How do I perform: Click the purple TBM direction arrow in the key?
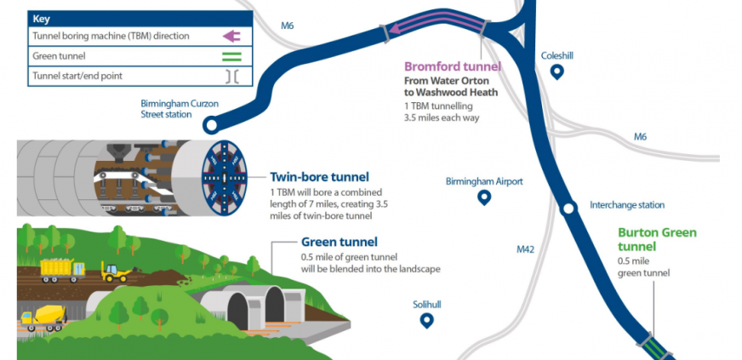pyautogui.click(x=231, y=36)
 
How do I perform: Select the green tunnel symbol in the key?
pyautogui.click(x=231, y=56)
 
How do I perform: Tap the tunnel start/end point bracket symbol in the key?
pyautogui.click(x=231, y=77)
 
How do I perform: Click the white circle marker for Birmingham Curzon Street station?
pyautogui.click(x=210, y=127)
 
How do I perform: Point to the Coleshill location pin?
pyautogui.click(x=557, y=72)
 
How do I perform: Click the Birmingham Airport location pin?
pyautogui.click(x=484, y=197)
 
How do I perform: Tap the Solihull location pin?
pyautogui.click(x=426, y=320)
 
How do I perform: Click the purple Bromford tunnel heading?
pyautogui.click(x=452, y=66)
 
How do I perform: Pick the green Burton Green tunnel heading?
pyautogui.click(x=656, y=239)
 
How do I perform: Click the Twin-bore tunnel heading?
pyautogui.click(x=319, y=177)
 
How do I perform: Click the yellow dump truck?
pyautogui.click(x=63, y=269)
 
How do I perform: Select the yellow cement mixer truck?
pyautogui.click(x=41, y=317)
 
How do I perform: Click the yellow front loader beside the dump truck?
pyautogui.click(x=115, y=271)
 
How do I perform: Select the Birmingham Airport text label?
pyautogui.click(x=484, y=181)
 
